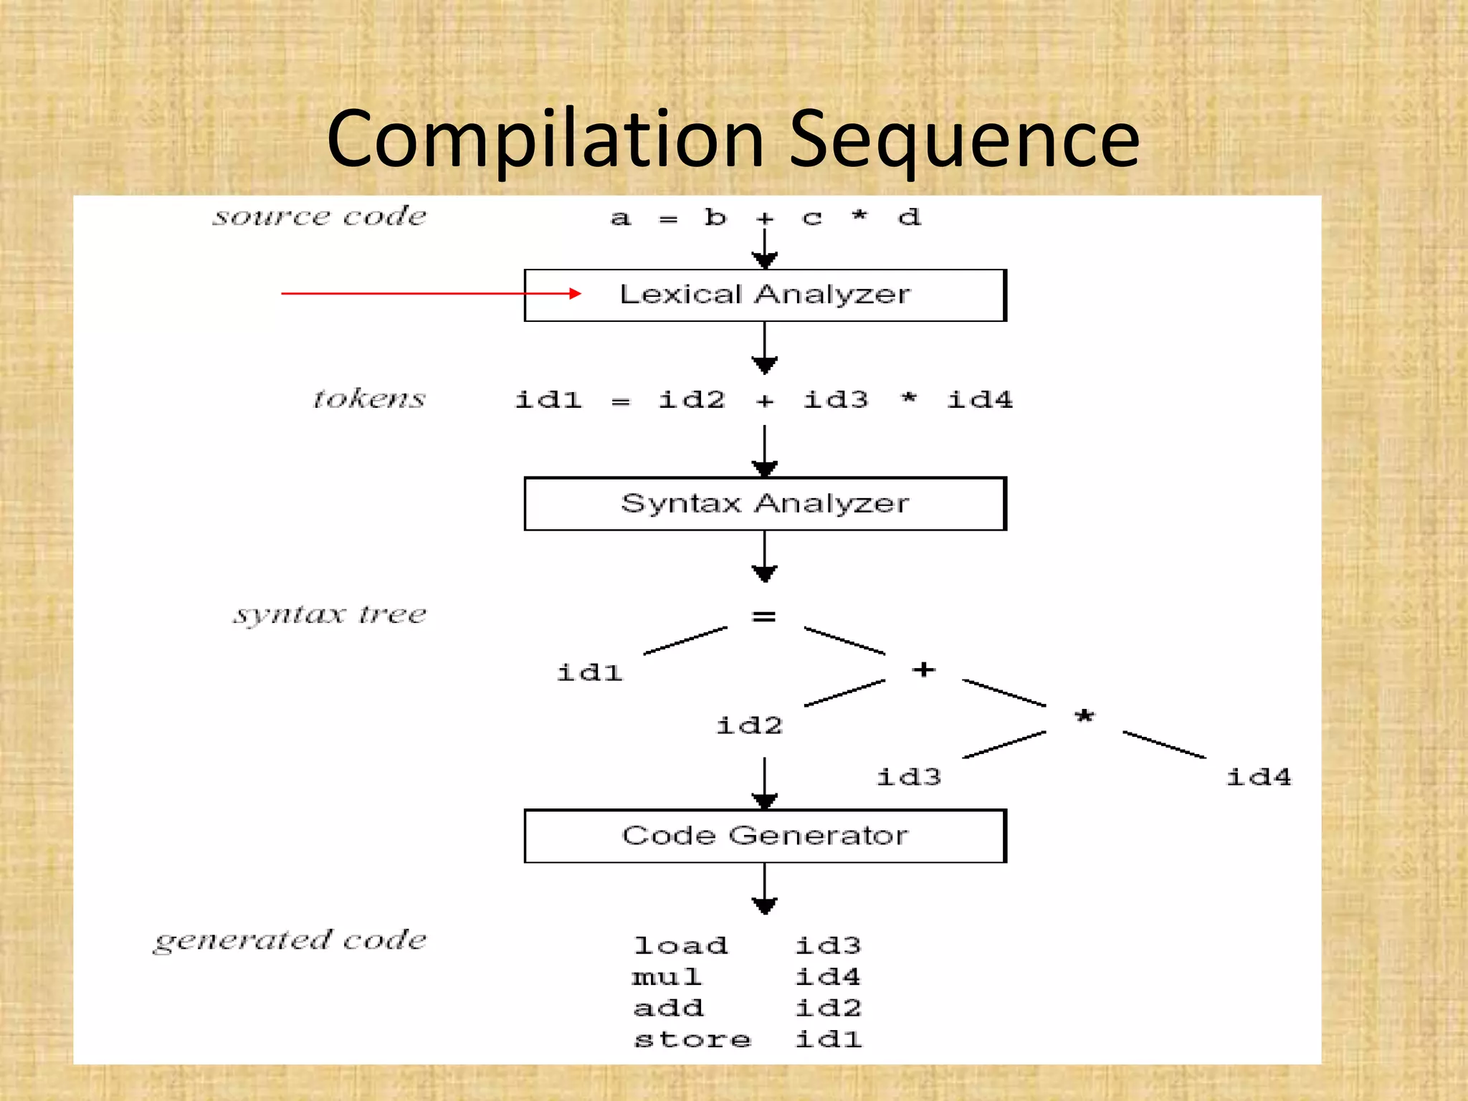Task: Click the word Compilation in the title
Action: (545, 140)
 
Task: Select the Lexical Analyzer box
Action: (765, 295)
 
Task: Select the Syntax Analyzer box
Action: (765, 504)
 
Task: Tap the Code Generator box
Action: (765, 836)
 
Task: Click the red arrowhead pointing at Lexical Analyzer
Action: (575, 293)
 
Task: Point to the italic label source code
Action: (320, 216)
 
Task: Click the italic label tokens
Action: (369, 399)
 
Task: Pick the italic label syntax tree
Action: (330, 614)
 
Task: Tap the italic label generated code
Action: (290, 940)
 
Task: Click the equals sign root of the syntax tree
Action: (764, 616)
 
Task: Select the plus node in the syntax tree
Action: (924, 669)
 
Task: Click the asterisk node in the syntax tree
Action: (1085, 716)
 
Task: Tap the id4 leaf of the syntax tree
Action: (1259, 777)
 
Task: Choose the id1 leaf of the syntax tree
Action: (590, 672)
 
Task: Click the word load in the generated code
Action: (681, 946)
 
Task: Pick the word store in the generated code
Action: (692, 1039)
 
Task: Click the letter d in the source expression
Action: (909, 216)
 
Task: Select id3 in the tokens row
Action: (836, 399)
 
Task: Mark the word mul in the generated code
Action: (667, 977)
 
